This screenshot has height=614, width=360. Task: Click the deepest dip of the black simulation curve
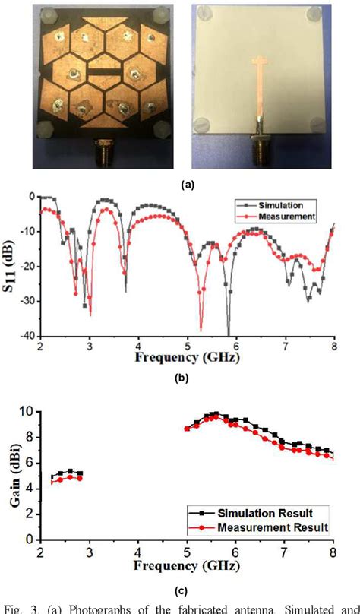(228, 333)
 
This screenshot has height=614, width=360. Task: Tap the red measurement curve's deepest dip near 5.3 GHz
(201, 328)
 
